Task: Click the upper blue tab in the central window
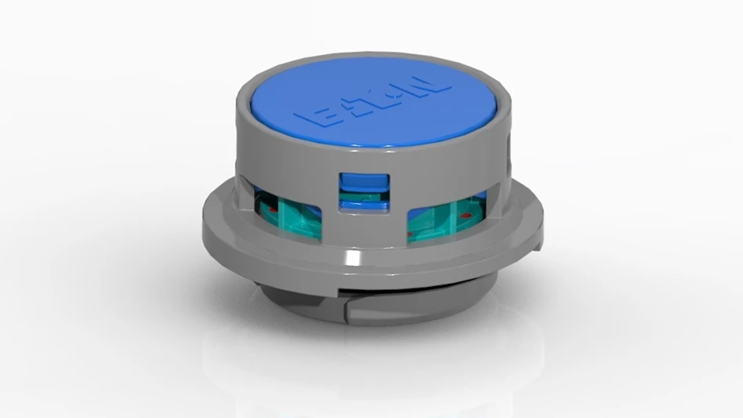click(363, 182)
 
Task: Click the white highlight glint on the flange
click(354, 258)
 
